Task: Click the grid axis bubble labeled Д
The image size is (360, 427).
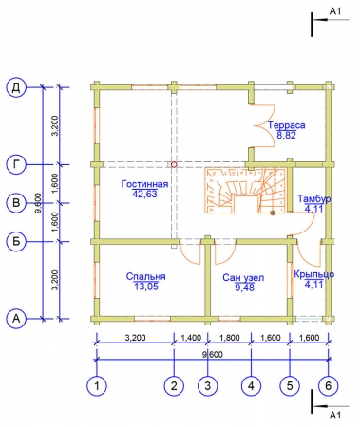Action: (16, 87)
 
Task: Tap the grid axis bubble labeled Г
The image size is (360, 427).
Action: (16, 164)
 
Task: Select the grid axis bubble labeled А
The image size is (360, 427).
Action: (16, 319)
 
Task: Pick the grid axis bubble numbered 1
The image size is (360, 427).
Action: (97, 385)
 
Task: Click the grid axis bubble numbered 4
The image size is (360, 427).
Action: (251, 385)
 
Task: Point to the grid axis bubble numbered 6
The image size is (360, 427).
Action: (329, 385)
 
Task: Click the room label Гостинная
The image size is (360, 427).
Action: (144, 184)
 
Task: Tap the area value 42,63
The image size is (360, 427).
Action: (144, 194)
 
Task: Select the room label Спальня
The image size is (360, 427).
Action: (145, 276)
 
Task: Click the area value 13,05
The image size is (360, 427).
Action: (145, 287)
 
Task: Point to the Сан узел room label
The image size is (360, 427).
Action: (243, 278)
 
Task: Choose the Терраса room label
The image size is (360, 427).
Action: (287, 125)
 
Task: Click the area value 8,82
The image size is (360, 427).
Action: (287, 136)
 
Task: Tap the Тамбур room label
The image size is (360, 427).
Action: (314, 198)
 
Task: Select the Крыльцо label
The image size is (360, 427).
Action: (313, 274)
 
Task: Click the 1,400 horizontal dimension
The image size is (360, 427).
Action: (191, 338)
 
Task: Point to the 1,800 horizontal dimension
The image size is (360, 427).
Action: (229, 338)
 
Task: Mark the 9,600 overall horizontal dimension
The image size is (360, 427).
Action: (212, 354)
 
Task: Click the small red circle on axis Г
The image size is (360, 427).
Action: (174, 164)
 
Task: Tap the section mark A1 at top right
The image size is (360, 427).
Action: (335, 11)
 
